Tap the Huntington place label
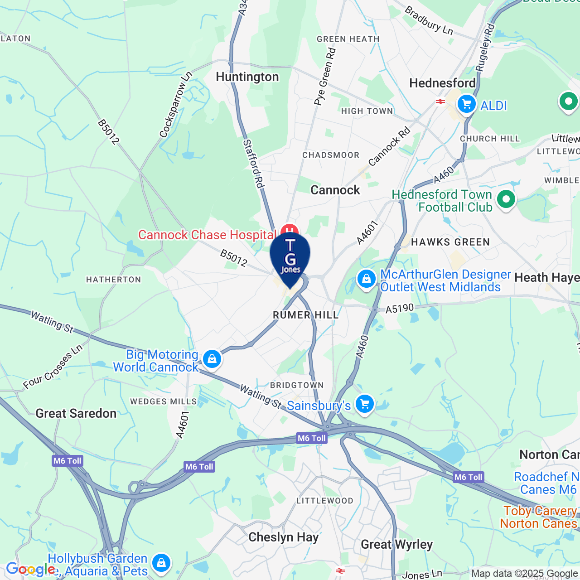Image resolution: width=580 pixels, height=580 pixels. [247, 77]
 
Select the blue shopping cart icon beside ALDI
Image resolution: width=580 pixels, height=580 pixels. [466, 104]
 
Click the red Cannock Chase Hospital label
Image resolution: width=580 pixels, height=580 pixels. [207, 235]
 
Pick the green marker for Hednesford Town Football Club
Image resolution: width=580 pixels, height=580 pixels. [506, 199]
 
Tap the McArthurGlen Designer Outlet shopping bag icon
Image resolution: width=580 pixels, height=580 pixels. [366, 279]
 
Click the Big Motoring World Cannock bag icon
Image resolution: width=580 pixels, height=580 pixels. [212, 359]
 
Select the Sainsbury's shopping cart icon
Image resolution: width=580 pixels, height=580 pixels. [365, 403]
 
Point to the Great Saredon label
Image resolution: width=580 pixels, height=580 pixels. [76, 413]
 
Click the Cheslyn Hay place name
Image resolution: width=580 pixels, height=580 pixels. [284, 537]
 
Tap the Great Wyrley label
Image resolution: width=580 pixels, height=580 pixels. [396, 544]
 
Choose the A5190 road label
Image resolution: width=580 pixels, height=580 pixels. [400, 309]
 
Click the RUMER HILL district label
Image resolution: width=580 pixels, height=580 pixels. [306, 315]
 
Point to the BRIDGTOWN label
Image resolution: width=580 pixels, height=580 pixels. [297, 385]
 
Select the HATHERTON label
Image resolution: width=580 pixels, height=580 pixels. [114, 280]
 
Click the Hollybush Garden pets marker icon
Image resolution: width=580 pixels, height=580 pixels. [161, 563]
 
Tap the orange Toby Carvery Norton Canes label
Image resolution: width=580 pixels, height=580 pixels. [538, 517]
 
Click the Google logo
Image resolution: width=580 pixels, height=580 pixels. [30, 569]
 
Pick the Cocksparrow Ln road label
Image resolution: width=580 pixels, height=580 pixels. [176, 105]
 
